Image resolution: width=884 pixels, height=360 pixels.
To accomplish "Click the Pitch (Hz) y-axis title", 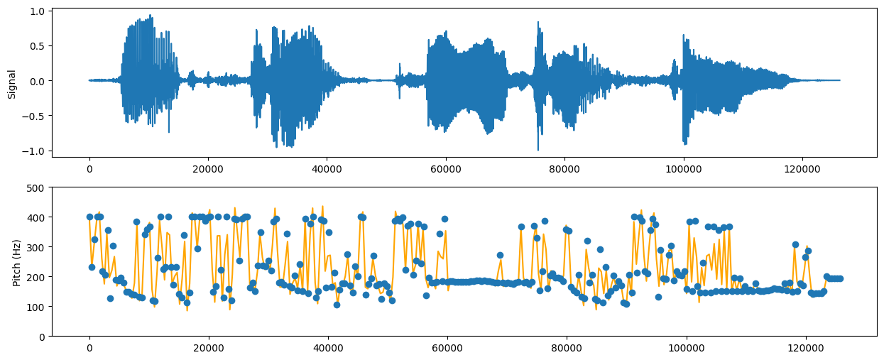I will [x=16, y=262].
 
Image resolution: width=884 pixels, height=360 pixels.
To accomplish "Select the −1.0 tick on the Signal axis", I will [x=36, y=151].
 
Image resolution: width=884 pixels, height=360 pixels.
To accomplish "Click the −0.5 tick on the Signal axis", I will [x=36, y=116].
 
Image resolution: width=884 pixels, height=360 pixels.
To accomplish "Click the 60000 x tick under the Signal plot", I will [x=446, y=168].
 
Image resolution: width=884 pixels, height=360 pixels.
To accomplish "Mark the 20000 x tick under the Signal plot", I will [x=208, y=168].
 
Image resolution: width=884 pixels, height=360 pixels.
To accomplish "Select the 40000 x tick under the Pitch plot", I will [x=327, y=348].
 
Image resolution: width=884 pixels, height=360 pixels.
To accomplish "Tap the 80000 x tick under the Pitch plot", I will [x=564, y=348].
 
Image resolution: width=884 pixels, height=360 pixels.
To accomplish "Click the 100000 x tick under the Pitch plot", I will [x=683, y=348].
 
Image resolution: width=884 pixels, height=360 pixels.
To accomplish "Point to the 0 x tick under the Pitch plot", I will [x=89, y=348].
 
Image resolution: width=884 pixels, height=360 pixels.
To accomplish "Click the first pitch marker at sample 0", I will [x=89, y=217].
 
